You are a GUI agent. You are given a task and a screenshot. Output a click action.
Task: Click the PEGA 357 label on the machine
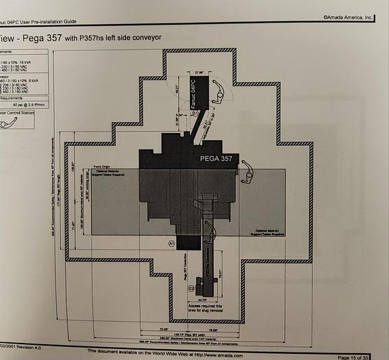point(217,158)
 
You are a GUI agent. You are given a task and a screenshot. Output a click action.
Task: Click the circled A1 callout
point(172,243)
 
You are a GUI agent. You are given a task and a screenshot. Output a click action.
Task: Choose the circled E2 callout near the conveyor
point(192,289)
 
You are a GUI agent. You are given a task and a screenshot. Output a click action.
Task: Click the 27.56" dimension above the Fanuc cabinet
point(199,72)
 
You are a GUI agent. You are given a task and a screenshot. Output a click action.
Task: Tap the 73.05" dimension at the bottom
point(164,329)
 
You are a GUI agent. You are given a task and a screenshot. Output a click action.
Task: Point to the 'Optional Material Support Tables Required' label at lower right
point(269,233)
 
